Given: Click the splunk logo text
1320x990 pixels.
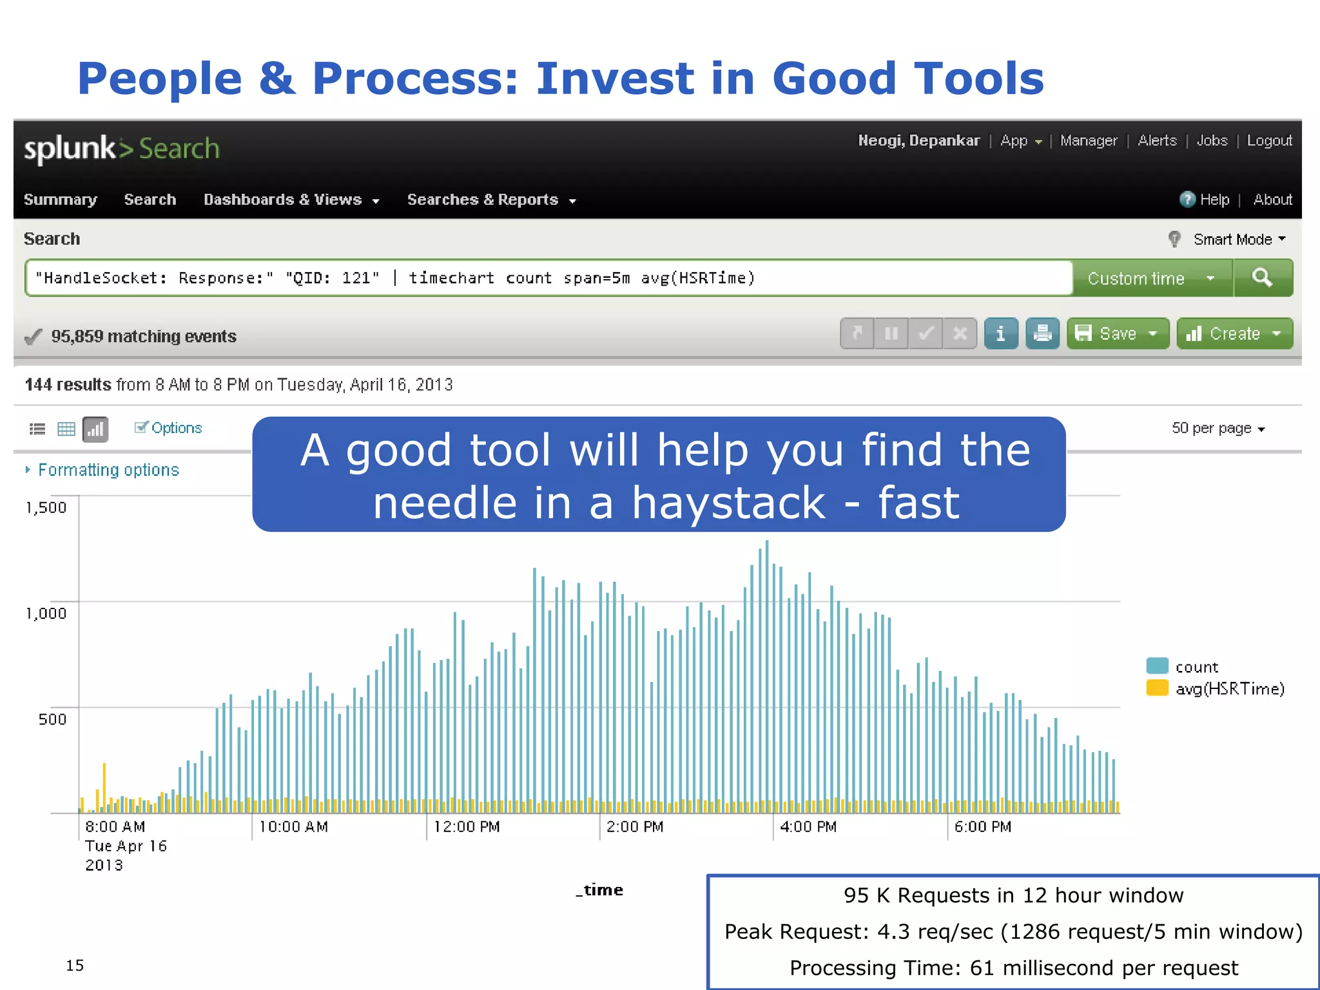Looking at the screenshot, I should pyautogui.click(x=70, y=149).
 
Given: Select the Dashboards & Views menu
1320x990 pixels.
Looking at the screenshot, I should pyautogui.click(x=291, y=200).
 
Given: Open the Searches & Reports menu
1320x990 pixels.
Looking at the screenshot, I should pyautogui.click(x=490, y=200).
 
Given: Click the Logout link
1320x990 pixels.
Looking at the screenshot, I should pyautogui.click(x=1268, y=141).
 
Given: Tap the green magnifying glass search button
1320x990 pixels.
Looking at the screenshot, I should pyautogui.click(x=1262, y=278).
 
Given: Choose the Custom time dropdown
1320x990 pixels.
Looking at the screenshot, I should pyautogui.click(x=1150, y=278).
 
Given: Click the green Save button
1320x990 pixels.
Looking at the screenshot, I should pyautogui.click(x=1117, y=333).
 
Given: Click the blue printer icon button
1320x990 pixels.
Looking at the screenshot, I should pyautogui.click(x=1042, y=333).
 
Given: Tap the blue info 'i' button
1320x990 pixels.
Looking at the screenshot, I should pyautogui.click(x=1000, y=333).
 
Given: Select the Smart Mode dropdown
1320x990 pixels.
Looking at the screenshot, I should pyautogui.click(x=1237, y=239).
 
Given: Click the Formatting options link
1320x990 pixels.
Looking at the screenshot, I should pyautogui.click(x=108, y=470).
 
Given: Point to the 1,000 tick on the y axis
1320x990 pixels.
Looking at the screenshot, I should pyautogui.click(x=46, y=613).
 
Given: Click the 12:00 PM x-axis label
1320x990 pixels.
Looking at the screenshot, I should pyautogui.click(x=467, y=826).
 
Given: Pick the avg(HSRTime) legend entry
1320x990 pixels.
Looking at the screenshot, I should pyautogui.click(x=1228, y=689).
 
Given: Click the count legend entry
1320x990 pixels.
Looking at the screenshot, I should pyautogui.click(x=1196, y=667).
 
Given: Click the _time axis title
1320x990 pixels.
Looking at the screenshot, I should pyautogui.click(x=599, y=890).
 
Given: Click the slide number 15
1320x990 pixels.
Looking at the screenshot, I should pyautogui.click(x=75, y=965).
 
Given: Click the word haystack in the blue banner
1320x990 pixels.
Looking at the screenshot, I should pyautogui.click(x=728, y=503).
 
